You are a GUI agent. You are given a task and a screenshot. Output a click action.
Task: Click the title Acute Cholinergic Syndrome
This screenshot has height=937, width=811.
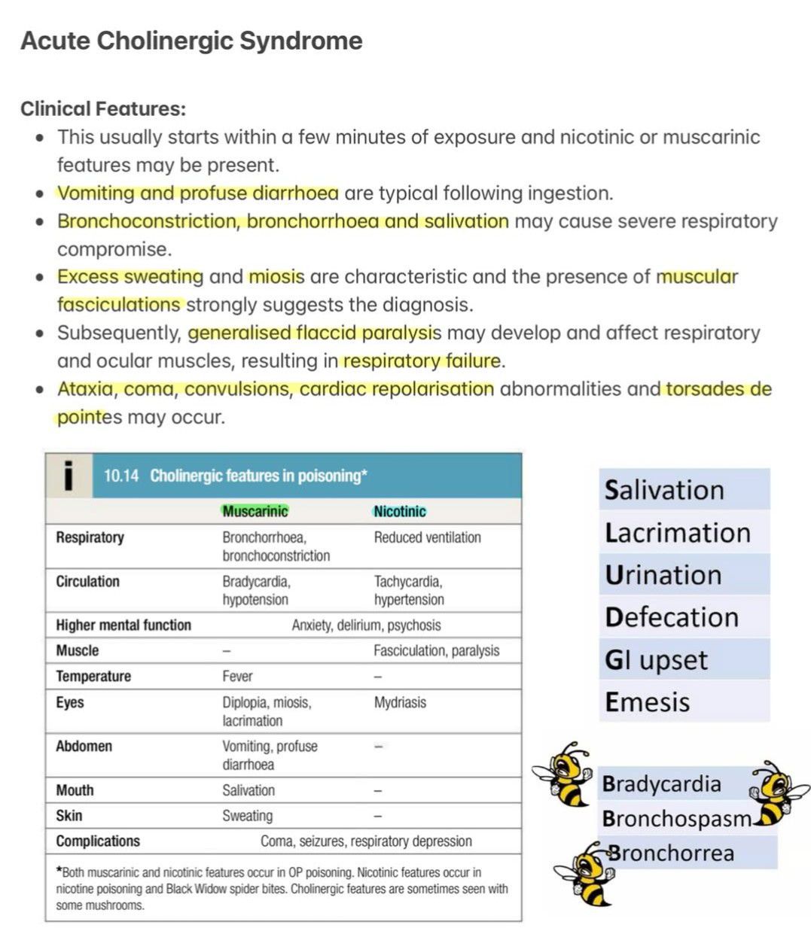(191, 41)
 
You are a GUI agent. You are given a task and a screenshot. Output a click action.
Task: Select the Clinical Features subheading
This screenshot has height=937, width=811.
(102, 109)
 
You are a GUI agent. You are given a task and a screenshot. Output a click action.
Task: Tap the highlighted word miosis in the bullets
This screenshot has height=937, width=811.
(276, 277)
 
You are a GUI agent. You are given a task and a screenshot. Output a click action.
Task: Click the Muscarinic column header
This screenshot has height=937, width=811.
(255, 512)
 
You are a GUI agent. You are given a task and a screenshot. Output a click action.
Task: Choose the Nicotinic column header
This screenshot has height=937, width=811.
(400, 512)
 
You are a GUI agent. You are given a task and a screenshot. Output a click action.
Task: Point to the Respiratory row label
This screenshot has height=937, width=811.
(90, 537)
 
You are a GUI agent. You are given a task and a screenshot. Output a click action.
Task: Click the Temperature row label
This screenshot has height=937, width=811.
(93, 677)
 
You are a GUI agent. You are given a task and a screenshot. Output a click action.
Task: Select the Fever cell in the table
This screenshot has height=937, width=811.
(237, 677)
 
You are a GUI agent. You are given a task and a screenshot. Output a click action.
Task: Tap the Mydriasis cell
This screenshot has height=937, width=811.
(400, 702)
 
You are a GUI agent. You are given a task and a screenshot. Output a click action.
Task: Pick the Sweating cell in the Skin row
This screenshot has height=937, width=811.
(247, 816)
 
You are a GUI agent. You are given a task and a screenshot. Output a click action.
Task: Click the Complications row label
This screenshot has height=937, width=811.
(98, 841)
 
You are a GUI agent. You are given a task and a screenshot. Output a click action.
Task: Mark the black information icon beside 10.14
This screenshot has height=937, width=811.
(69, 476)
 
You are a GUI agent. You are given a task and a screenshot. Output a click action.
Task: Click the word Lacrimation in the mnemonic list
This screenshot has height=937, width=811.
(678, 533)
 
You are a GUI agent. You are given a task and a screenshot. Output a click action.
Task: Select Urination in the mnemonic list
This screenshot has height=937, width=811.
(663, 575)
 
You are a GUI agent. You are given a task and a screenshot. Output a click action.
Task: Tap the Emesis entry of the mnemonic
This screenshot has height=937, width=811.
(648, 702)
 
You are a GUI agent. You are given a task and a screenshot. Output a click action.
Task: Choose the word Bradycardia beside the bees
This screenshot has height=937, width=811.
(661, 784)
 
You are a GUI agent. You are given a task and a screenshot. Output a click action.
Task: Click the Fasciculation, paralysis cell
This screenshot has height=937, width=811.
(436, 651)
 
